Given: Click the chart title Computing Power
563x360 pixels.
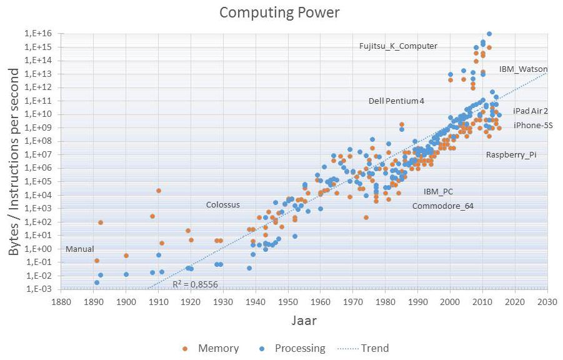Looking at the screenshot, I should point(281,12).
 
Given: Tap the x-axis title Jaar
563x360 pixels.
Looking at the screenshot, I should point(304,321).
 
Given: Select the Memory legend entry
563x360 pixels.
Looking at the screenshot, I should point(218,348).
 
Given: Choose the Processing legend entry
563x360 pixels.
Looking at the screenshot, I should point(300,348).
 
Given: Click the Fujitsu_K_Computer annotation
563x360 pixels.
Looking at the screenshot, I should point(398,46).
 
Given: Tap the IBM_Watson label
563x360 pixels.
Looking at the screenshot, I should point(523,69).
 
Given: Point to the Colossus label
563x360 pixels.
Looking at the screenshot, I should point(222,205).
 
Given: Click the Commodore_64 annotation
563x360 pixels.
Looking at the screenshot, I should point(442,206).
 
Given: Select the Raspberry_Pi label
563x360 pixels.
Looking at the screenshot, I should point(511,155).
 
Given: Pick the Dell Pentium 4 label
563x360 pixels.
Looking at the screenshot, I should point(396,101).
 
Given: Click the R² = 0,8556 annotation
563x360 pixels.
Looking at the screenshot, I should point(196,284).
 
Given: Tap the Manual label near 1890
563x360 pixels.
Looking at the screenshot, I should point(79,249).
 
